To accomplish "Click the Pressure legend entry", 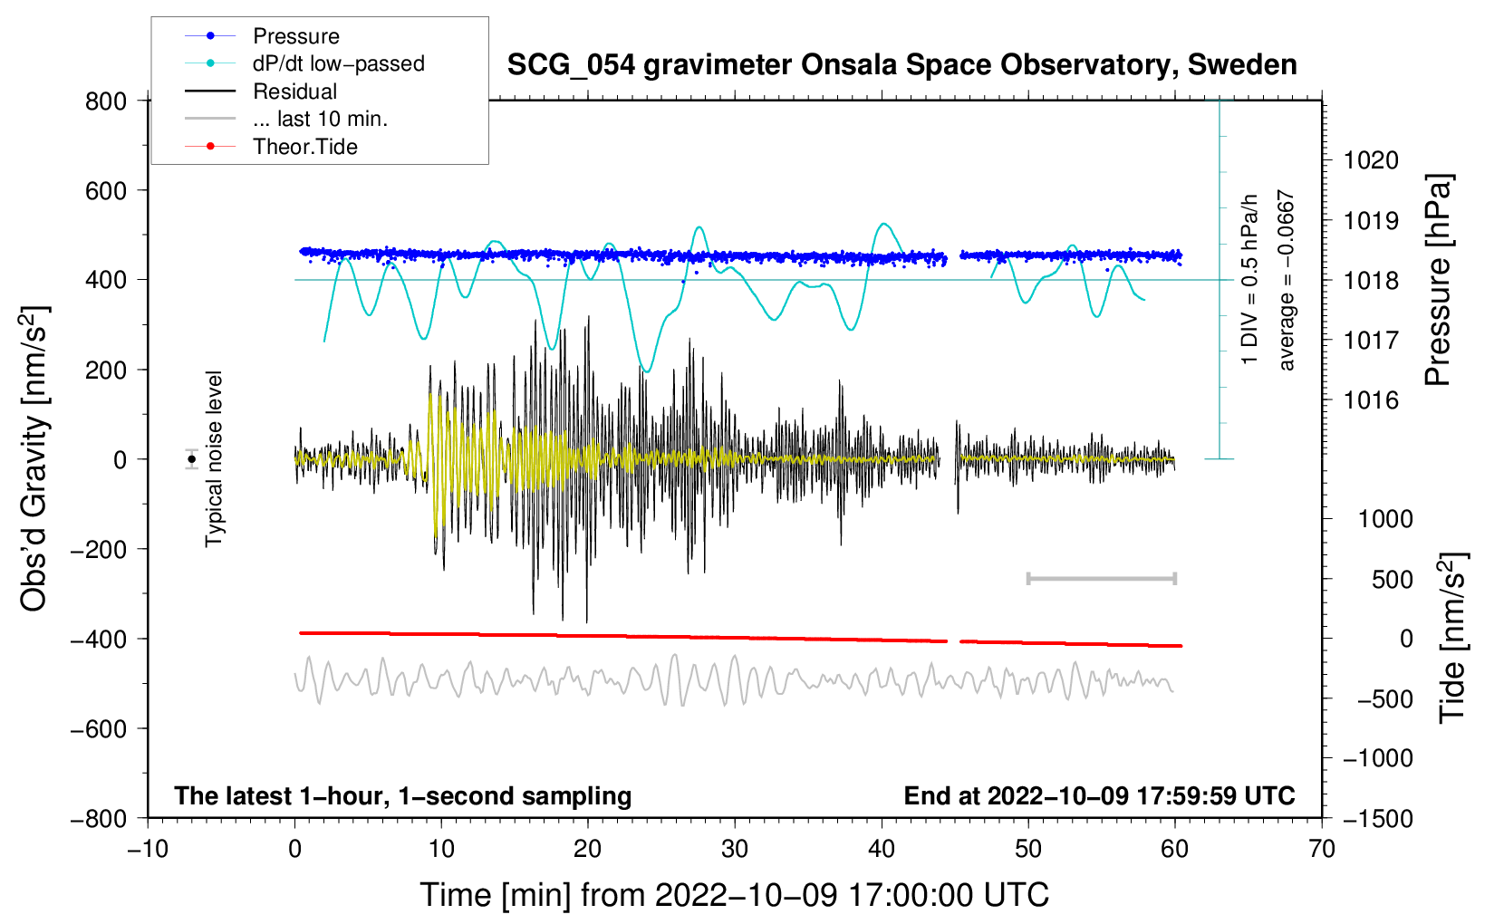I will pos(295,36).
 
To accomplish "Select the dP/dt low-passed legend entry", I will pos(338,63).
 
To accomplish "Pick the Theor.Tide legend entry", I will pos(304,147).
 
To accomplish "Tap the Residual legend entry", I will pos(294,91).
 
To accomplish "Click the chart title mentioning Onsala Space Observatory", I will pos(901,65).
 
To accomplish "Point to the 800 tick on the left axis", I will pos(106,101).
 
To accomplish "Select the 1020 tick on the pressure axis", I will pos(1371,160).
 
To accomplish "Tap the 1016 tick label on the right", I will pos(1371,400).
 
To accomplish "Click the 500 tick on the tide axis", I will pos(1392,579).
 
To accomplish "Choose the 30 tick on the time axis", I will pos(735,849).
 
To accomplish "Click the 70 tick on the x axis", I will pos(1322,849).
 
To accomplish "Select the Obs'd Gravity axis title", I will pos(34,458).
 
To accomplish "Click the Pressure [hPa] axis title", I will pos(1438,280).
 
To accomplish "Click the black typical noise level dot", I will pos(192,459).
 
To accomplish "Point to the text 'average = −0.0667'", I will pos(1287,280).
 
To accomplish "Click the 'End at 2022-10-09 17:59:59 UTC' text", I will pos(1099,795).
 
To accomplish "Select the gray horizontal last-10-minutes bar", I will pos(1101,578).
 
